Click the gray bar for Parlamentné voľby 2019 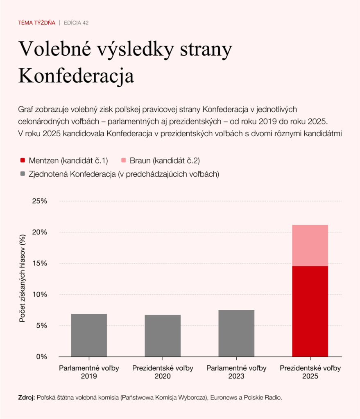89,335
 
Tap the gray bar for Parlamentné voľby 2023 236,333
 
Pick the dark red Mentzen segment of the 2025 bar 310,311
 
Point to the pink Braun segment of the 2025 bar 310,246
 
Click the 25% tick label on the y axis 40,201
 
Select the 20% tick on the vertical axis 40,232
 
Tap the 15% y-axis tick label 40,264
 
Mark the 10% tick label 40,295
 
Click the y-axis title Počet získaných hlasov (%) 23,278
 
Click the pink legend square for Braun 124,160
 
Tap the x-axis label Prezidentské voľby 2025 310,372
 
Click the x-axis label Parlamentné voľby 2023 236,372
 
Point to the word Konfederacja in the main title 76,76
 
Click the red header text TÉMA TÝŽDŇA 37,23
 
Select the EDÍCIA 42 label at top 76,23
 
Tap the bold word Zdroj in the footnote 27,397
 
